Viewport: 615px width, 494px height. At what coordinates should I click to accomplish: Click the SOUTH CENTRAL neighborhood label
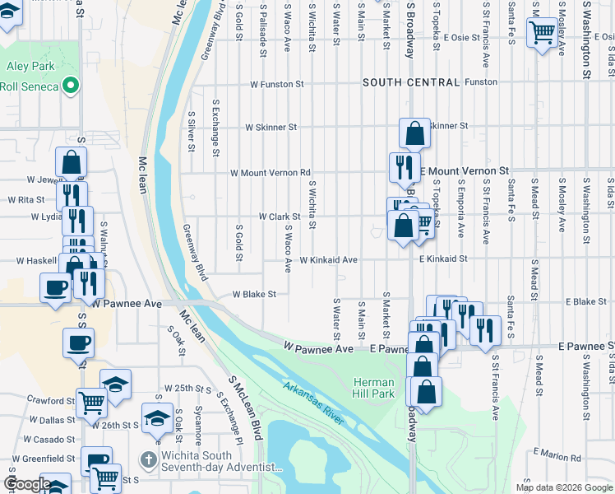pos(410,82)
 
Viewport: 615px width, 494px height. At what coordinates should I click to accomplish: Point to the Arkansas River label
pos(313,401)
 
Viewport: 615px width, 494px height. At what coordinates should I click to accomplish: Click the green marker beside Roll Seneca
pos(72,85)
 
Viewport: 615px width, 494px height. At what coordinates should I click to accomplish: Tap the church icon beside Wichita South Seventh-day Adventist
pos(149,458)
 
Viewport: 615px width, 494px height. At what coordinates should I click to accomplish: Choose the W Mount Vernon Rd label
pos(271,173)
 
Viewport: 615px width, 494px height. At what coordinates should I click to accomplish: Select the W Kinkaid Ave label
pos(328,260)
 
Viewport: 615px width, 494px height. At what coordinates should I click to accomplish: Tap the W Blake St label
pos(253,294)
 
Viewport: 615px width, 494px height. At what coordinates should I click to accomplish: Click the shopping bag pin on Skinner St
pos(415,133)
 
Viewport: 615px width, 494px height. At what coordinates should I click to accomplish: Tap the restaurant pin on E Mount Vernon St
pos(404,167)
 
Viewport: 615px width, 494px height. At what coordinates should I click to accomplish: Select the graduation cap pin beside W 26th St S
pos(156,418)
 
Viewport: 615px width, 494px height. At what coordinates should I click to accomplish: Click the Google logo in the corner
pos(27,484)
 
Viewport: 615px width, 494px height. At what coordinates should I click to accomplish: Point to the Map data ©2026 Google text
pos(563,487)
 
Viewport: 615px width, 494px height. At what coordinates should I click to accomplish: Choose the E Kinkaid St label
pos(442,259)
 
